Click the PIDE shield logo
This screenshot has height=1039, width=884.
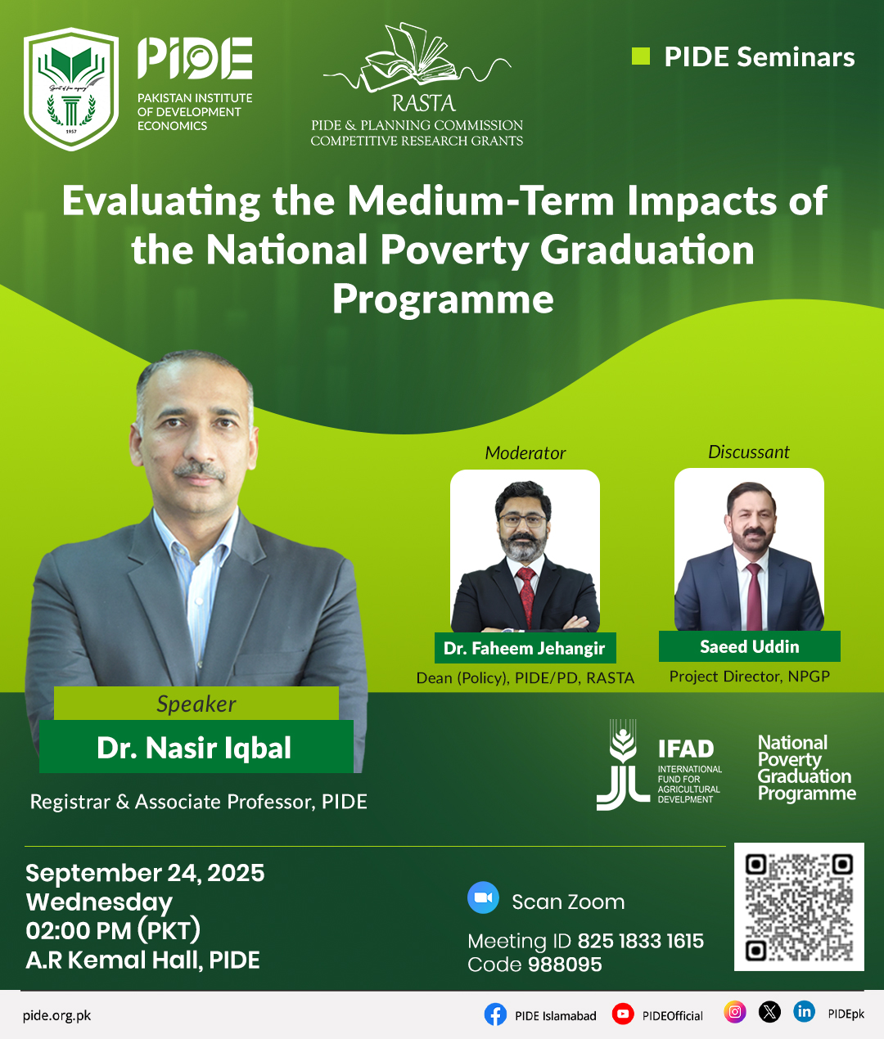72,89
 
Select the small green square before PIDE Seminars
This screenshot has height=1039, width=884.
641,56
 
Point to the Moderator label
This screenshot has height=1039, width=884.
525,453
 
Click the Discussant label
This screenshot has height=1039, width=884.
749,452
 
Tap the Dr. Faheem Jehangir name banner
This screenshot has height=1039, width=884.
525,648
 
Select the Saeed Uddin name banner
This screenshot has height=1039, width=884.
750,646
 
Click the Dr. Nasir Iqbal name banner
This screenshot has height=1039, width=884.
195,748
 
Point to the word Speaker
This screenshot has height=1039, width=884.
196,704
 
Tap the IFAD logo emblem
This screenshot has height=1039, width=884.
624,765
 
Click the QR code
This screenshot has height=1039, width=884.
799,906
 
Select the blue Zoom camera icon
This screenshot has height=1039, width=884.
483,897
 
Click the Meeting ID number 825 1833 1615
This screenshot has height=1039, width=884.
641,941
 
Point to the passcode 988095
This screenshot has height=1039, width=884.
565,965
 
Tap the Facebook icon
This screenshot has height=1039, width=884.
495,1014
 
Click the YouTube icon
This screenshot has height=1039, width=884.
623,1014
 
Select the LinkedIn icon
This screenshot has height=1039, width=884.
805,1012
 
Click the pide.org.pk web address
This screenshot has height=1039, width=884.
57,1015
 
